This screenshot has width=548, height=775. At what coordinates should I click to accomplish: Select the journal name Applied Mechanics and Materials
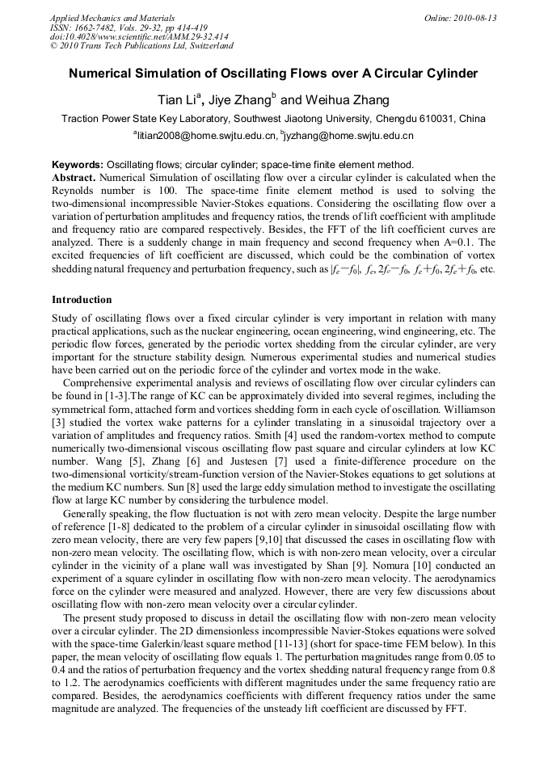click(112, 18)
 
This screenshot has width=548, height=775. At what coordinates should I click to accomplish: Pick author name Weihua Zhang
click(348, 100)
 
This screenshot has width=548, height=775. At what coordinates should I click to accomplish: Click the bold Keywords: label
click(78, 164)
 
